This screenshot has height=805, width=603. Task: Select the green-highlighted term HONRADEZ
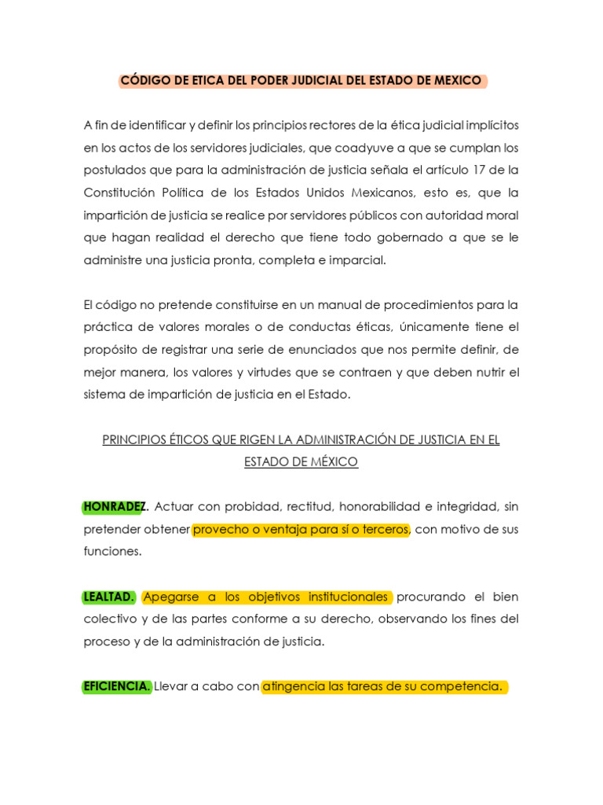(x=115, y=507)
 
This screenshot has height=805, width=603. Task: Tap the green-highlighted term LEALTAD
(x=110, y=597)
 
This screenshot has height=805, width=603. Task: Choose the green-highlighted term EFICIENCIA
(x=116, y=686)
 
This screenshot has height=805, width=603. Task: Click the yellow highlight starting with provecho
(x=301, y=529)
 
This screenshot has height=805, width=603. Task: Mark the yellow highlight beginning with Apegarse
(x=266, y=597)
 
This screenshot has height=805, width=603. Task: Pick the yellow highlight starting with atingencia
(x=383, y=686)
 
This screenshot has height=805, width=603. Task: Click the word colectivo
(x=111, y=619)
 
